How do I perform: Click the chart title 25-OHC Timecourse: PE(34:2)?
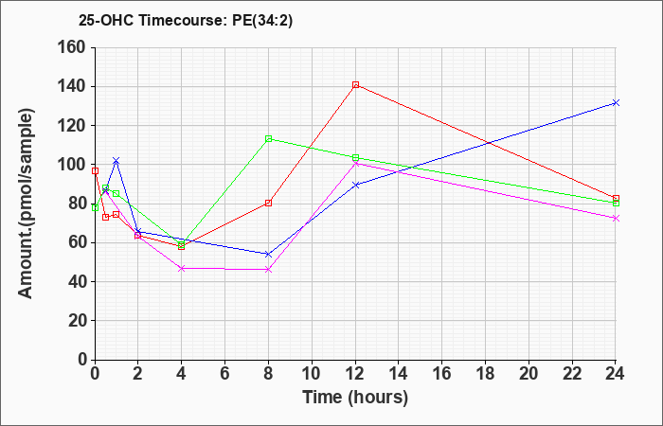tap(186, 21)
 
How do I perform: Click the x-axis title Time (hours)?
tap(355, 398)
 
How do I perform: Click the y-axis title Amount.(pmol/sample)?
tap(26, 204)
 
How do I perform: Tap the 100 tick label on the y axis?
tap(71, 165)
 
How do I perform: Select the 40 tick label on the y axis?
tap(76, 282)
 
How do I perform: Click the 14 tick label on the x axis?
tap(399, 374)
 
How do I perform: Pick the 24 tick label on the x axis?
tap(616, 374)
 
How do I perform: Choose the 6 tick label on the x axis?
tap(225, 374)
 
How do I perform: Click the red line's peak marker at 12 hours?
tap(355, 85)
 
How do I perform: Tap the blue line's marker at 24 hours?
tap(616, 102)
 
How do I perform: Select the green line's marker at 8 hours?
tap(268, 138)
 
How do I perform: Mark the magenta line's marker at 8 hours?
tap(268, 269)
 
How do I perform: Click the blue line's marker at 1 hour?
tap(116, 161)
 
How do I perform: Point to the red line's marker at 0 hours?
tap(95, 170)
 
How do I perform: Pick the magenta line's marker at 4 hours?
tap(182, 268)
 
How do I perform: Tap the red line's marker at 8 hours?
tap(268, 203)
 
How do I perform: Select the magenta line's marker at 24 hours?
tap(616, 218)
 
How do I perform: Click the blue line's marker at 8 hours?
tap(268, 254)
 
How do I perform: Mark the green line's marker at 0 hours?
tap(95, 207)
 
